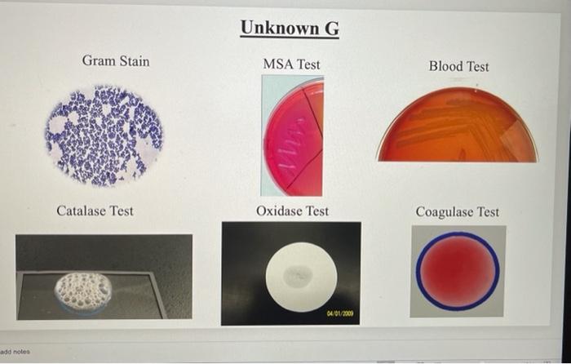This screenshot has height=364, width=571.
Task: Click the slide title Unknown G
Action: (290, 29)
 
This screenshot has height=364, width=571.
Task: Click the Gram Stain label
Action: (116, 61)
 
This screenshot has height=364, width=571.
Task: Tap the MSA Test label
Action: (291, 64)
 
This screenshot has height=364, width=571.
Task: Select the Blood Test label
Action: (458, 66)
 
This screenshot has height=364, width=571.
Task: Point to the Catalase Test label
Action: (95, 211)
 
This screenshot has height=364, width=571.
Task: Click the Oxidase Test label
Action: (292, 211)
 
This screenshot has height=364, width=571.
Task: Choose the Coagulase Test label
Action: (457, 212)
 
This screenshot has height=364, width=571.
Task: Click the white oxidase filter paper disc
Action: (302, 276)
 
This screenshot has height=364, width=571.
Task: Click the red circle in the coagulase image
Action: (458, 270)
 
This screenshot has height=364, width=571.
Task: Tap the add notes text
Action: (15, 351)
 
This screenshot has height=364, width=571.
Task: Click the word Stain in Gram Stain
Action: (134, 61)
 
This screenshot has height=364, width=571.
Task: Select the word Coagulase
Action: (445, 212)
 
